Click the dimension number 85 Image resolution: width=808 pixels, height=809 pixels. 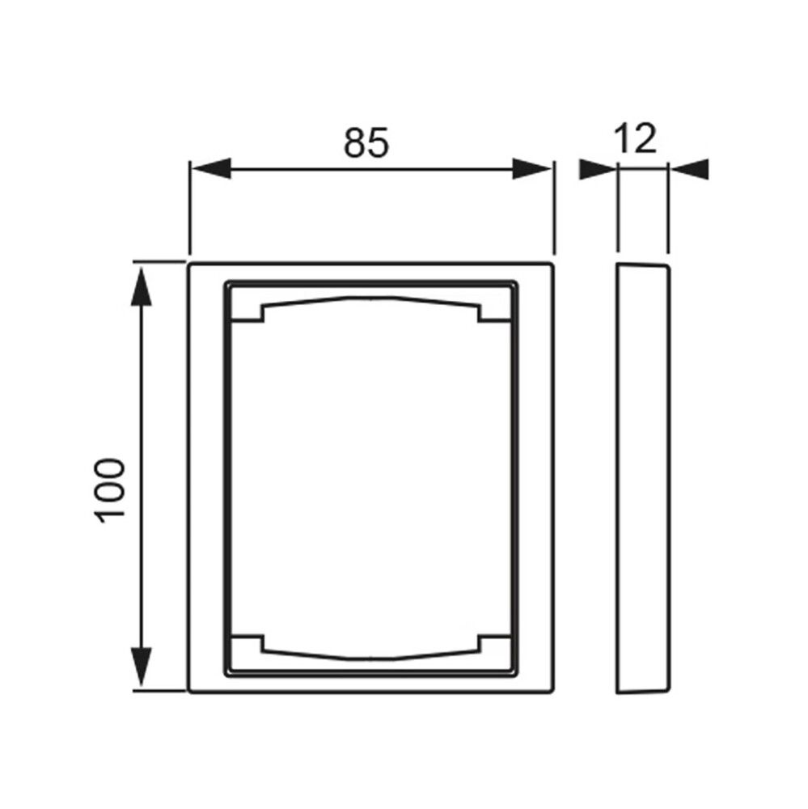[x=366, y=142]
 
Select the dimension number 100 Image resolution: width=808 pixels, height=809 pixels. [x=112, y=489]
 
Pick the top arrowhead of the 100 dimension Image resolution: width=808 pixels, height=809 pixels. [x=142, y=286]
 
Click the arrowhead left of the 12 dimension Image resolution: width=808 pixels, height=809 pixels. [x=599, y=169]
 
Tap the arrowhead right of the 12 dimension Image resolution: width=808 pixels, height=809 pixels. [x=690, y=169]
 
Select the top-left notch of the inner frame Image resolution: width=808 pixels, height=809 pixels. [x=247, y=311]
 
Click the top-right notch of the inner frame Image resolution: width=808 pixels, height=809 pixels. [x=493, y=311]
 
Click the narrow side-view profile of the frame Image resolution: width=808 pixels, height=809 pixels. [x=642, y=477]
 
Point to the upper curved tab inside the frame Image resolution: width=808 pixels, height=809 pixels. [x=370, y=301]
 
